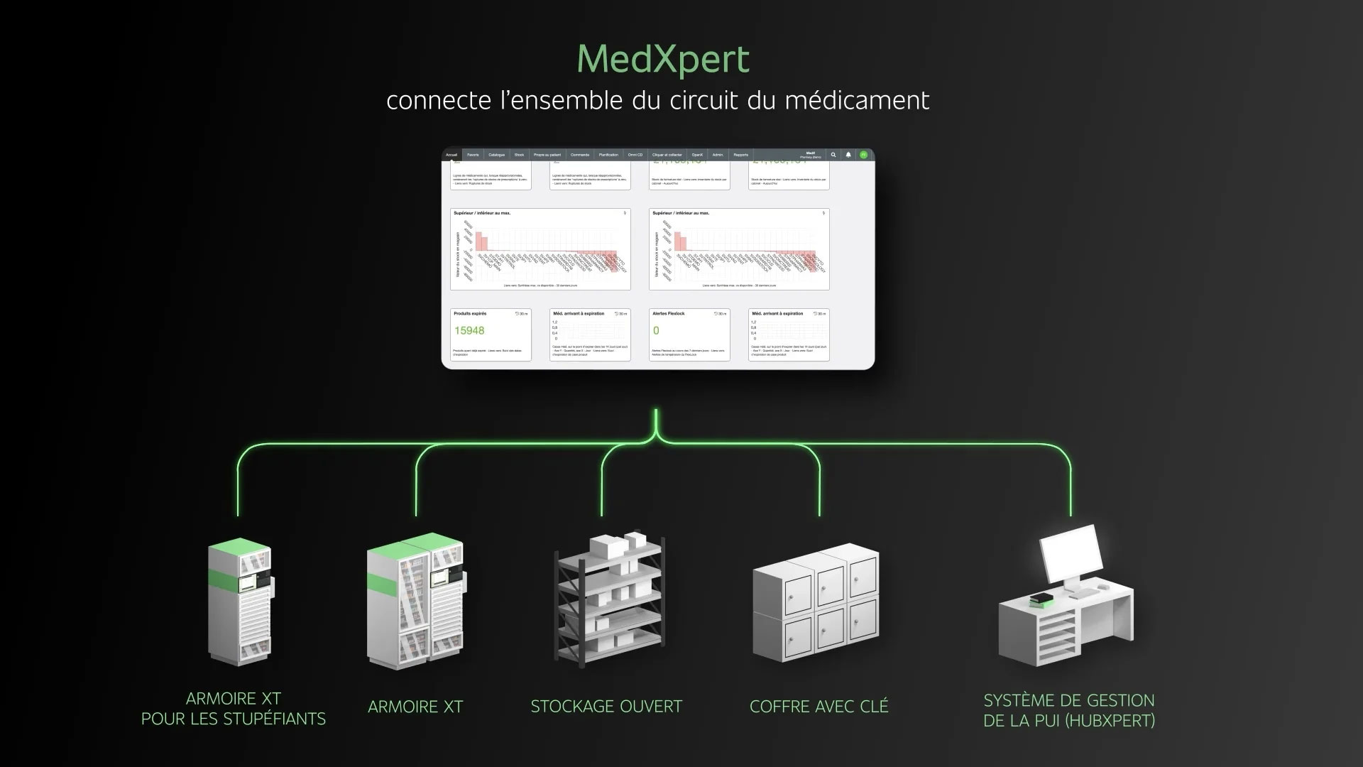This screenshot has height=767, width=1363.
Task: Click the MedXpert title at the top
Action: (x=663, y=60)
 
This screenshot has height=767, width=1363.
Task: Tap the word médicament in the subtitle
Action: (x=857, y=101)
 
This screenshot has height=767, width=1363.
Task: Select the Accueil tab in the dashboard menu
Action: (x=451, y=155)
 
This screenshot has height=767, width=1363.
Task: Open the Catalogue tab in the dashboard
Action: (x=496, y=155)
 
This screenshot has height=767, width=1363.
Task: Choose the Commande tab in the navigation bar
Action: (x=580, y=155)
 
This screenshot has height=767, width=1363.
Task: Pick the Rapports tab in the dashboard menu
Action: (x=740, y=155)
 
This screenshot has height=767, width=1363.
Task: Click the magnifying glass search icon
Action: (x=833, y=155)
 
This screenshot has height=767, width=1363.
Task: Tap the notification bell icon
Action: (x=848, y=155)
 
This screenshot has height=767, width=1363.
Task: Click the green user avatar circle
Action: (x=863, y=155)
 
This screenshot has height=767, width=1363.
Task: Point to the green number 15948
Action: (x=469, y=331)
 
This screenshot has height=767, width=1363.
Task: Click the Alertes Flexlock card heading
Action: (x=669, y=313)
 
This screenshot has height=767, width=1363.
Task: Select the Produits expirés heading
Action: (x=470, y=313)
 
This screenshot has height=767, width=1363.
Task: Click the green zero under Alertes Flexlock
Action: (x=656, y=331)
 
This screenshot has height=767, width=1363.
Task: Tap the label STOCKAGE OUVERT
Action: (x=606, y=707)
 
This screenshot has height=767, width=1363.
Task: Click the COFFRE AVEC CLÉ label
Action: (x=819, y=707)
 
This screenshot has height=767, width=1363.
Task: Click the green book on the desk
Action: (x=1041, y=601)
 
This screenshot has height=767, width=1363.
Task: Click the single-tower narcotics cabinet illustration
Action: (x=240, y=604)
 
